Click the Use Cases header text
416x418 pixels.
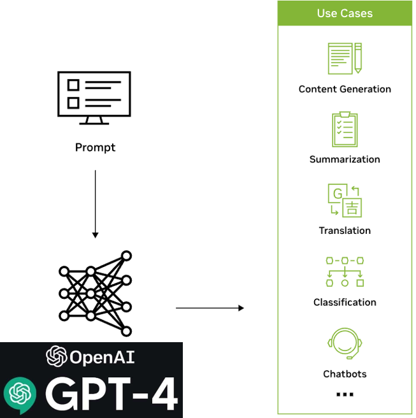point(345,13)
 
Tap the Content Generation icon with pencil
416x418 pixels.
point(345,59)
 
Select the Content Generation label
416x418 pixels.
point(345,89)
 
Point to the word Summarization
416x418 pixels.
point(345,159)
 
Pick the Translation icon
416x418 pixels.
point(345,200)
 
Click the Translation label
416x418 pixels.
point(345,231)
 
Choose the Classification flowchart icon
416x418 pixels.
point(345,271)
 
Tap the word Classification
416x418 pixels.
point(345,302)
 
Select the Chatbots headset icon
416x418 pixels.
point(345,344)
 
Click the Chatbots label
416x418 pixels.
point(345,373)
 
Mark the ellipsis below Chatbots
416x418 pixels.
point(345,395)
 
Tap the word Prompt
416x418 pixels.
point(95,147)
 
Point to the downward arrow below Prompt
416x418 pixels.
point(95,204)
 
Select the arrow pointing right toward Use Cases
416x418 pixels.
point(210,308)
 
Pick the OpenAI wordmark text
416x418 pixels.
point(102,357)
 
